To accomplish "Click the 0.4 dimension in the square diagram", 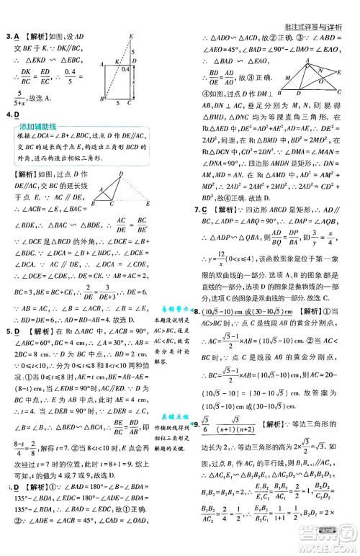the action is pyautogui.click(x=125, y=69).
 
